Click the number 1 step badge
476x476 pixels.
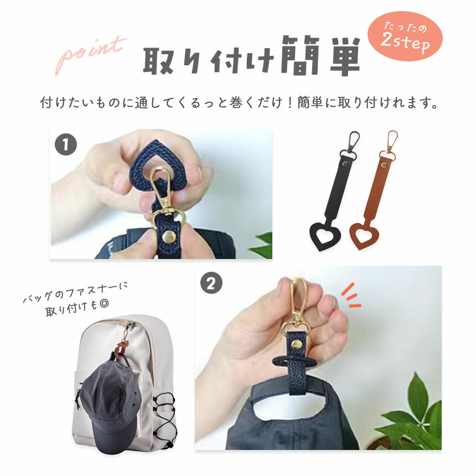tap(65, 144)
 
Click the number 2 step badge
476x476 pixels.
tap(211, 283)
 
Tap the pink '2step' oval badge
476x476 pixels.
tap(405, 37)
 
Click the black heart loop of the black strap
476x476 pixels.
tap(324, 236)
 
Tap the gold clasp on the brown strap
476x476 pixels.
tap(390, 145)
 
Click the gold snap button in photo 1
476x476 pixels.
tap(168, 236)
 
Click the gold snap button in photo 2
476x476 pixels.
tap(297, 345)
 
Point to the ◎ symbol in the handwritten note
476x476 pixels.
tap(104, 304)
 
